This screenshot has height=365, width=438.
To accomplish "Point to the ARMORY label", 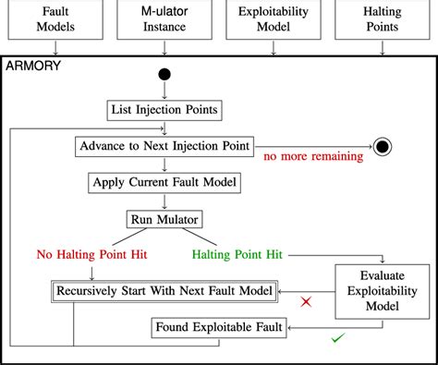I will (33, 67).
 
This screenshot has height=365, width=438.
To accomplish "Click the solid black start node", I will (165, 75).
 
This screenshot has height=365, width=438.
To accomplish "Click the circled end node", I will (383, 147).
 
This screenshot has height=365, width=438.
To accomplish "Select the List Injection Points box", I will (165, 111).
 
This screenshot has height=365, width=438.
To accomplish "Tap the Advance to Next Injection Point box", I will (165, 147).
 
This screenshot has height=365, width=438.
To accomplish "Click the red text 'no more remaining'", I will (313, 157).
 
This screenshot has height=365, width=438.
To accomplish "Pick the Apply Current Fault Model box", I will (165, 182).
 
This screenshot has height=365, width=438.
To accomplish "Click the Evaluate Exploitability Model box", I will (381, 290).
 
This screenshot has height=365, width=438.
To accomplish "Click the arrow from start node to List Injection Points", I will (165, 91).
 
